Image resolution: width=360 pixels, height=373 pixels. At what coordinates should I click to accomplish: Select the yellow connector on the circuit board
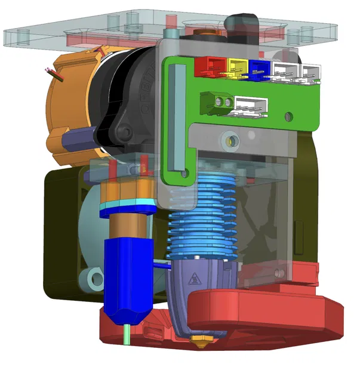point(236,67)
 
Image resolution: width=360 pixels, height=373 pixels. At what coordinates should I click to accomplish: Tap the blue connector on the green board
point(259,69)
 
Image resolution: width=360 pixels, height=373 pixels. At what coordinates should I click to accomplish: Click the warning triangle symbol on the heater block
point(194,278)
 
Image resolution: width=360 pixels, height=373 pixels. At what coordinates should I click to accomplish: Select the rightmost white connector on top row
point(311,73)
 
